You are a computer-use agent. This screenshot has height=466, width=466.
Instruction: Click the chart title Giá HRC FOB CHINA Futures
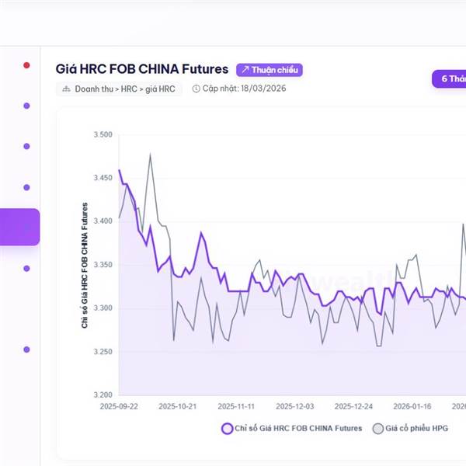(x=142, y=70)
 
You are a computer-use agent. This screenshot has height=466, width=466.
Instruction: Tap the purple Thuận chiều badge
(x=269, y=70)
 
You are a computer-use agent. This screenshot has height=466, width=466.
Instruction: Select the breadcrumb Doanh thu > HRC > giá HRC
(x=119, y=89)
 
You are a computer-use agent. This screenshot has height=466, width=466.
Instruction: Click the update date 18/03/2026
(x=240, y=89)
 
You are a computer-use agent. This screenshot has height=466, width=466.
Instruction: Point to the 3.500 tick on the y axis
(x=103, y=135)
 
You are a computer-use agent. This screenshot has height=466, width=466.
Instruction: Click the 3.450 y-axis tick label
(x=103, y=178)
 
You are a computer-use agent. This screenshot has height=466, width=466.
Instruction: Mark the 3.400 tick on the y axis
(x=103, y=221)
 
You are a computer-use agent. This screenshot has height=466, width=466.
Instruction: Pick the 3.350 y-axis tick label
(x=103, y=265)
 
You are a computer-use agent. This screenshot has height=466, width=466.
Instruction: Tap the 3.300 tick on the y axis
(x=103, y=308)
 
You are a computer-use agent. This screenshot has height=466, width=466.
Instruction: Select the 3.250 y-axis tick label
(x=103, y=352)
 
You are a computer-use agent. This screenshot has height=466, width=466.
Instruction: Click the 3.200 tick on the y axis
(x=103, y=395)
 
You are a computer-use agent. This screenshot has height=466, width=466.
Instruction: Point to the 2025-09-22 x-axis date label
(x=119, y=406)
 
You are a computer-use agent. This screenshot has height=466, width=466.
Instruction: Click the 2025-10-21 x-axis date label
(x=179, y=406)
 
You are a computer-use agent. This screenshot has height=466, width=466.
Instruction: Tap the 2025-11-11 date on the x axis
(x=237, y=406)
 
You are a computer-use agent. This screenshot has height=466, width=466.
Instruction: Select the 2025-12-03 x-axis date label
(x=295, y=406)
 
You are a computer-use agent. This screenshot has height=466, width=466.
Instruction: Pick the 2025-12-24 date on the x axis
(x=353, y=406)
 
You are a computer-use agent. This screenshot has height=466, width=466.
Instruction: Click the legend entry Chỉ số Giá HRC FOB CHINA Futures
(x=292, y=428)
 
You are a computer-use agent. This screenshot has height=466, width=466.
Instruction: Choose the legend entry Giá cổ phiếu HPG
(x=411, y=428)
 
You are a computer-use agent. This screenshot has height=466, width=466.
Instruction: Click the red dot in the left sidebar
(x=26, y=65)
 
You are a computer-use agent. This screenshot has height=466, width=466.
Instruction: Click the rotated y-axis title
(x=85, y=265)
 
